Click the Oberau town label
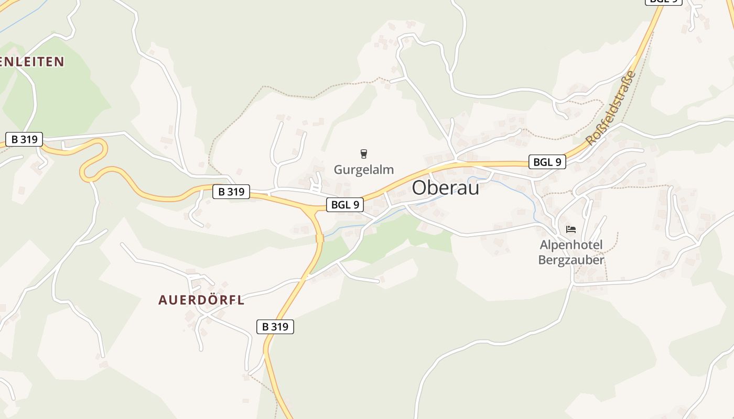click(x=446, y=188)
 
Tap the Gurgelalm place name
click(x=364, y=170)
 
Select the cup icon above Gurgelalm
click(x=364, y=153)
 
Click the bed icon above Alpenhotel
click(x=571, y=229)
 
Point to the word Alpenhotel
click(x=571, y=245)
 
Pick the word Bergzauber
click(x=571, y=260)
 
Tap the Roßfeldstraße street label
click(x=611, y=108)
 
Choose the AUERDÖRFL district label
click(x=201, y=300)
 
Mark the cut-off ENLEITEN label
click(x=31, y=62)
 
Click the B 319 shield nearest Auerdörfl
click(x=275, y=327)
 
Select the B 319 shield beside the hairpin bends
click(x=24, y=139)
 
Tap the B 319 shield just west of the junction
click(x=231, y=192)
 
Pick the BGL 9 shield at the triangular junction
click(x=345, y=205)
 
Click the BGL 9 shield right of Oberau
click(x=547, y=162)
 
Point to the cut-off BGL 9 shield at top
click(x=663, y=2)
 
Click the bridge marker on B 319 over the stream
click(x=320, y=238)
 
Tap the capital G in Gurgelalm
click(x=339, y=170)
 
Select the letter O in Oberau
click(x=420, y=188)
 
